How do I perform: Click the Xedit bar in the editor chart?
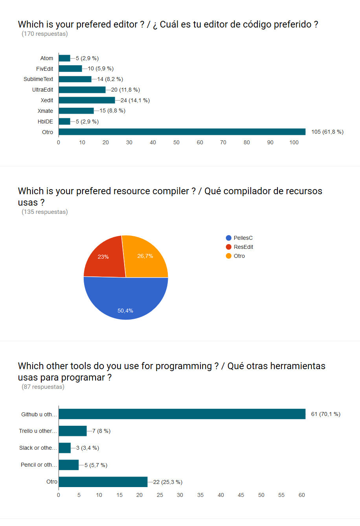click(x=87, y=100)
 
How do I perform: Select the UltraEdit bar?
click(x=82, y=90)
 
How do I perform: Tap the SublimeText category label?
click(x=38, y=79)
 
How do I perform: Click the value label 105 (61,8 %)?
click(x=327, y=132)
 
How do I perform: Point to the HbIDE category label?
click(x=45, y=121)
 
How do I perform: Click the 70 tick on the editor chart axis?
click(x=223, y=142)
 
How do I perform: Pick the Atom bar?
click(x=64, y=58)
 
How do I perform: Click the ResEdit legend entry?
click(x=243, y=247)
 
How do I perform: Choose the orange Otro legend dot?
click(x=229, y=256)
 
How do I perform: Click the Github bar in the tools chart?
click(x=182, y=414)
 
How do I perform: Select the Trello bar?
click(x=73, y=431)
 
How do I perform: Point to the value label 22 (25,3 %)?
click(x=168, y=482)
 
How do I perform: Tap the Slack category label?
click(x=38, y=448)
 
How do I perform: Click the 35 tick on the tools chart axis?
click(x=200, y=495)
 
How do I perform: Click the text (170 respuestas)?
click(x=44, y=34)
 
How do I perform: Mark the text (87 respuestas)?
click(x=43, y=387)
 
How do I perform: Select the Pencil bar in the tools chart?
click(x=69, y=465)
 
